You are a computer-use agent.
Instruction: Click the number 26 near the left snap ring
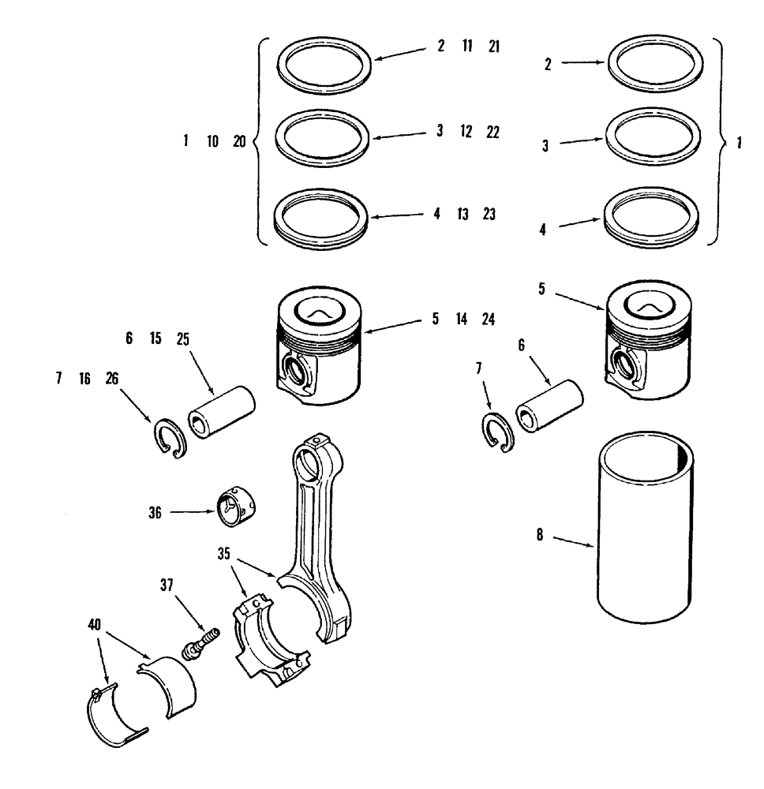tap(112, 379)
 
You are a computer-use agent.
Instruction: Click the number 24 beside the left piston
tap(489, 320)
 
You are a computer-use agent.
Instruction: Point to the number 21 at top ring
tap(493, 47)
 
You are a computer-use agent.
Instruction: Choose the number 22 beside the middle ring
tap(492, 132)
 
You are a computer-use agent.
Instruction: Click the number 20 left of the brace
tap(240, 142)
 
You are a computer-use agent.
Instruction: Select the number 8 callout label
tap(540, 535)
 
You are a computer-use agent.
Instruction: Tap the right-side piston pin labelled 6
tap(549, 407)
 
